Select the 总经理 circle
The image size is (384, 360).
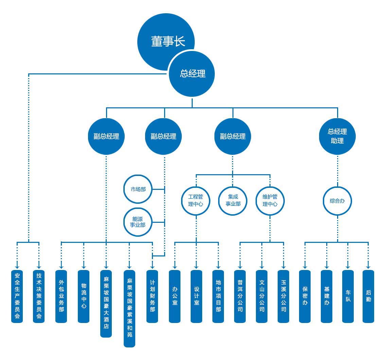(x=192, y=74)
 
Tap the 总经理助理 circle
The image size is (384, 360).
(x=337, y=137)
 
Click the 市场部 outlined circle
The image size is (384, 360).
(x=138, y=189)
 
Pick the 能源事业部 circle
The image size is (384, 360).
(x=138, y=222)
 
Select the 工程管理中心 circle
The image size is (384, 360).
(x=196, y=200)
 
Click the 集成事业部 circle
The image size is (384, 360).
(x=233, y=200)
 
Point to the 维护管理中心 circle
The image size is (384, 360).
(x=270, y=200)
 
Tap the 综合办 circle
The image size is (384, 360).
(x=337, y=201)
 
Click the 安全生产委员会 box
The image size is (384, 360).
(x=17, y=296)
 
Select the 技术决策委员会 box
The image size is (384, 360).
(x=39, y=296)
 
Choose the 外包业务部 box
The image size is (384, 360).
(x=61, y=296)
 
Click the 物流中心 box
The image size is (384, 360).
(x=84, y=296)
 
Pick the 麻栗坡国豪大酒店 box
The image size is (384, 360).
(x=106, y=303)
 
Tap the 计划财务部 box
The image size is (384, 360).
(x=152, y=296)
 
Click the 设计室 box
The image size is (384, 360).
(x=196, y=296)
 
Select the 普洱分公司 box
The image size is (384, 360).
(x=240, y=296)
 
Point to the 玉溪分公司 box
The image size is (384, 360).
(x=283, y=296)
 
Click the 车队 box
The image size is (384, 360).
(x=348, y=296)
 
